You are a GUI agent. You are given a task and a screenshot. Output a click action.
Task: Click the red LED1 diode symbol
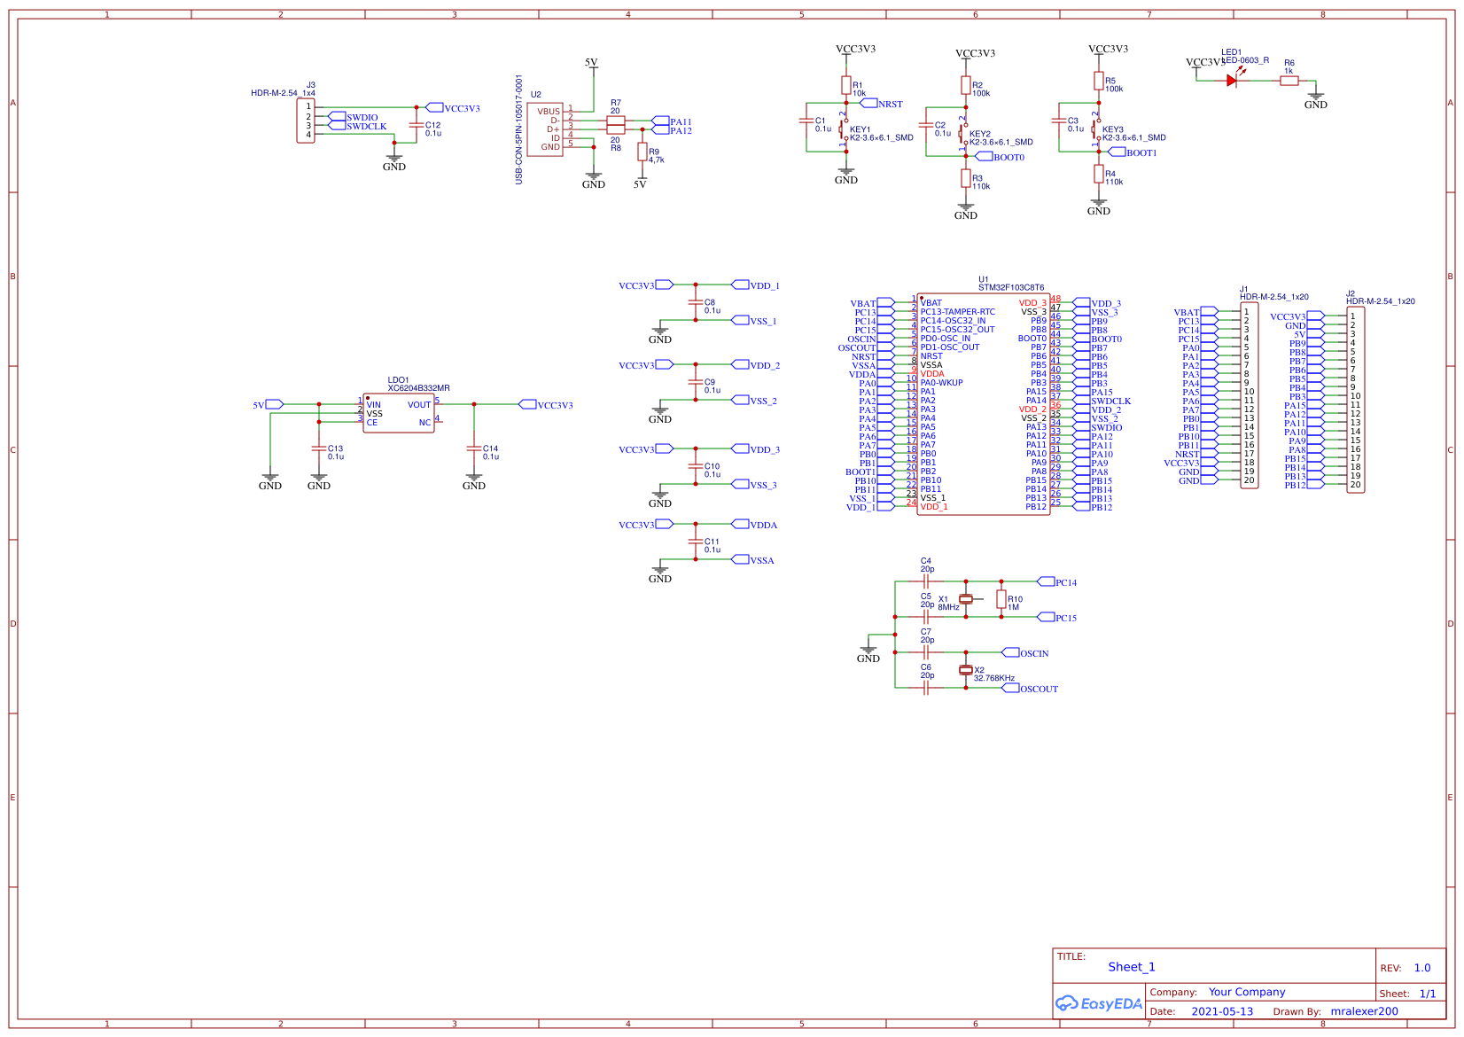1232,81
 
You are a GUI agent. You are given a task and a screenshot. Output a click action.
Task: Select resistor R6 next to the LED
1289,81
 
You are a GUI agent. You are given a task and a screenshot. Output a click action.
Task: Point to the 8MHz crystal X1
966,599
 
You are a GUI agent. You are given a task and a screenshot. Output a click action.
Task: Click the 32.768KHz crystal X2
966,670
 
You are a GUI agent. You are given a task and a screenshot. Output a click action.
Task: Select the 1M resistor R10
1001,599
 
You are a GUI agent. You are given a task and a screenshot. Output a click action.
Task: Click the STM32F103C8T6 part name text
1011,287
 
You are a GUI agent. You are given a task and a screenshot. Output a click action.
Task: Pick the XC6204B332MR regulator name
418,388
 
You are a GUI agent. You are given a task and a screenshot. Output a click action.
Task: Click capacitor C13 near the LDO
319,448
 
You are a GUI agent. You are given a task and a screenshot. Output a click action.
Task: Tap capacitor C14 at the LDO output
474,448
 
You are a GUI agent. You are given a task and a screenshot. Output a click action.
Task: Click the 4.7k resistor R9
642,152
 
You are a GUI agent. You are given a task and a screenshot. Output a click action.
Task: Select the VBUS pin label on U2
549,112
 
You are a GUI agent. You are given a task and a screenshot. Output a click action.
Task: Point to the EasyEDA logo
1099,1003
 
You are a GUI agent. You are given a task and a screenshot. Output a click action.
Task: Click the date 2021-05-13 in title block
1222,1011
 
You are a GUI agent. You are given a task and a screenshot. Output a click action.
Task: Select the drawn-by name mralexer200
1364,1011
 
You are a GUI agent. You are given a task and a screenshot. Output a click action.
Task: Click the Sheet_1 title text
1132,967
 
